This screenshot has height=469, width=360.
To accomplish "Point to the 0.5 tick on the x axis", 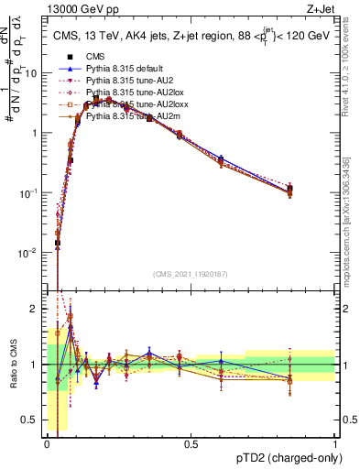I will pos(191,442).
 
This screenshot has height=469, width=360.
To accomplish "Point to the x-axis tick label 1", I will pos(334,442).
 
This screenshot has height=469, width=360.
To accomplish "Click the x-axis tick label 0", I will pos(47,442).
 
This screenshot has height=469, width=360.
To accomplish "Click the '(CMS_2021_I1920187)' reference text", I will pos(191,274).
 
